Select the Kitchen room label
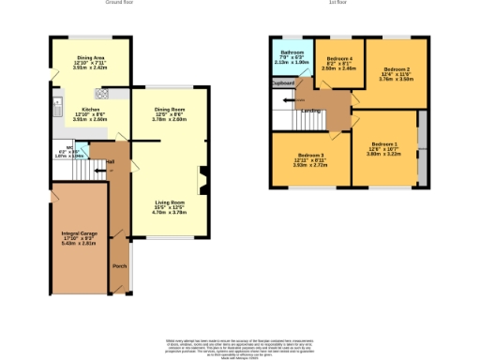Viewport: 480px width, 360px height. [x=79, y=110]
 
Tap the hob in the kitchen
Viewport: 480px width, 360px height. [x=100, y=94]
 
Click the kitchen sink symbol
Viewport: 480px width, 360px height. [x=58, y=104]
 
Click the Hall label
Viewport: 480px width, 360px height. [x=110, y=160]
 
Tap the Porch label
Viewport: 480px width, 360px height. [x=119, y=266]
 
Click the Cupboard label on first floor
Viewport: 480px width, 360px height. [x=282, y=82]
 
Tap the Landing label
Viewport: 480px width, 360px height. [x=310, y=111]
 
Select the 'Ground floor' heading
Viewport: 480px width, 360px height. [x=118, y=4]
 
